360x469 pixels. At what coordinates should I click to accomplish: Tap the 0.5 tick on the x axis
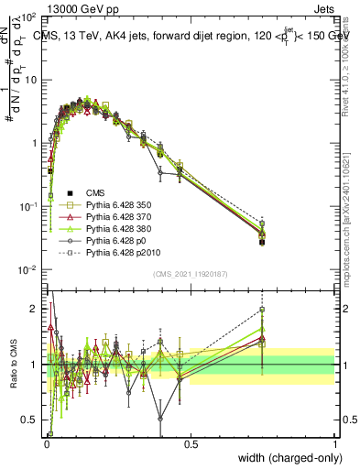[191, 444]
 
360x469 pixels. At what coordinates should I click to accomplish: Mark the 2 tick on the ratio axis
[35, 309]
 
